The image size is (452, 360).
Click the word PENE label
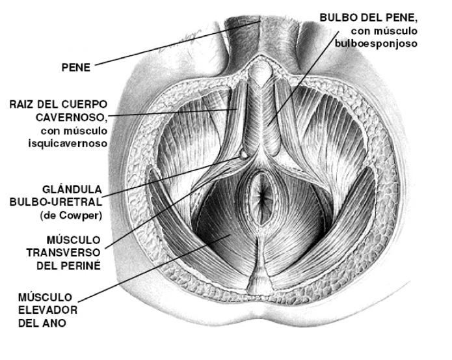pos(75,66)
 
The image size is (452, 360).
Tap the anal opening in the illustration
pos(263,195)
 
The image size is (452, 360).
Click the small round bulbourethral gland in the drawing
pos(243,155)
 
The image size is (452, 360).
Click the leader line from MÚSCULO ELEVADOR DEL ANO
pos(163,267)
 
